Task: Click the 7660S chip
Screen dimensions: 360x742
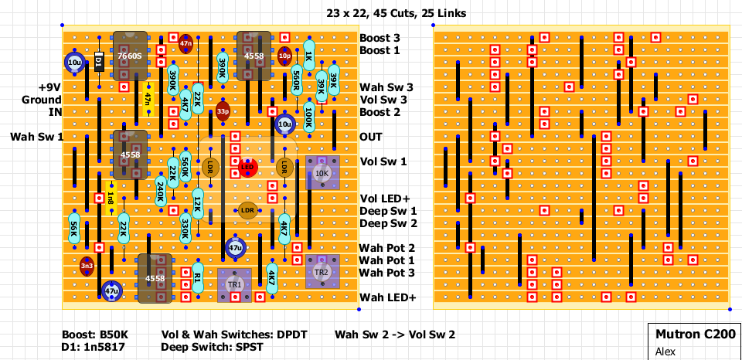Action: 130,56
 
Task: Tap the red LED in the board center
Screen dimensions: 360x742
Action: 247,166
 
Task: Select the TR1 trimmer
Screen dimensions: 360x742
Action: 235,284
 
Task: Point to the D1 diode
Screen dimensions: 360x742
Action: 99,62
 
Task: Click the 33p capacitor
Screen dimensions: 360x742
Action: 223,111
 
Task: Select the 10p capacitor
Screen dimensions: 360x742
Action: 284,56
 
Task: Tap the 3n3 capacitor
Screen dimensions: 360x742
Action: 87,266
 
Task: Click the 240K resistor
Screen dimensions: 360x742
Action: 161,192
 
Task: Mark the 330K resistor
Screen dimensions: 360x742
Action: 185,228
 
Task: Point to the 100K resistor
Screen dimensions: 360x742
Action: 309,117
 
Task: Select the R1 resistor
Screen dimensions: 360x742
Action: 198,277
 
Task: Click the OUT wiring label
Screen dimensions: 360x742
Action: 371,137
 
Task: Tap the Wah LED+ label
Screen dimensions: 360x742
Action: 387,297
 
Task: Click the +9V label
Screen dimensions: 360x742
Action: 49,87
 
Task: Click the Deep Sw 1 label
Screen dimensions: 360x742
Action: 388,211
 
